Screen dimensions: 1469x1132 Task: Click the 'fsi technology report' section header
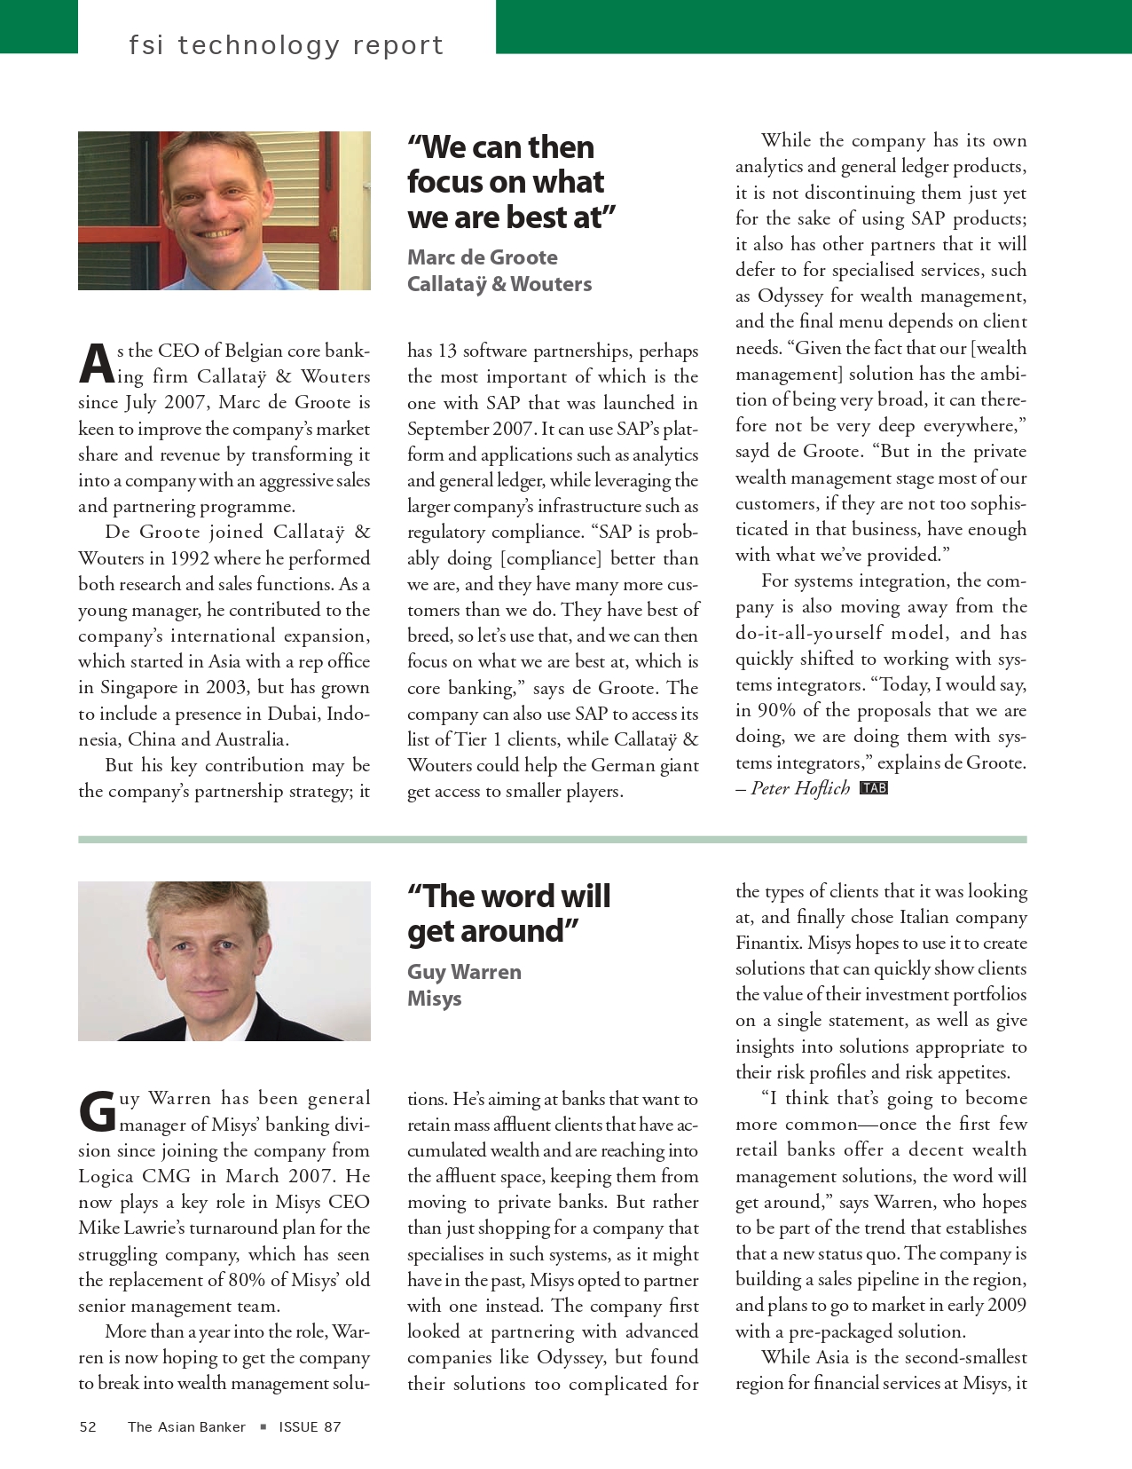(286, 44)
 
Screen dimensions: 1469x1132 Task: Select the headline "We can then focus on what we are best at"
(511, 182)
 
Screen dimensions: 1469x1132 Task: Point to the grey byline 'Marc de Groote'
(483, 257)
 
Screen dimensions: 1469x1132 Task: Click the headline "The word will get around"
(508, 913)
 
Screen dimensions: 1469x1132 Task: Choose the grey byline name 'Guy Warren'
(464, 972)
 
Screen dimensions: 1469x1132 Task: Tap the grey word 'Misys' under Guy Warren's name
(435, 999)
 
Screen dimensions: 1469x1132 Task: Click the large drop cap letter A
(96, 364)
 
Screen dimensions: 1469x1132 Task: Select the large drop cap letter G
(97, 1112)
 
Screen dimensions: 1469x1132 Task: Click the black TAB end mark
(874, 788)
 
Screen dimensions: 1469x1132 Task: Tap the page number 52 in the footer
(88, 1426)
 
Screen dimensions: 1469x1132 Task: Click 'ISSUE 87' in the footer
(310, 1426)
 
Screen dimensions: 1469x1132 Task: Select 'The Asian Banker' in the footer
(186, 1426)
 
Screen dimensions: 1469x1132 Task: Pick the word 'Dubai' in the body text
(291, 714)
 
